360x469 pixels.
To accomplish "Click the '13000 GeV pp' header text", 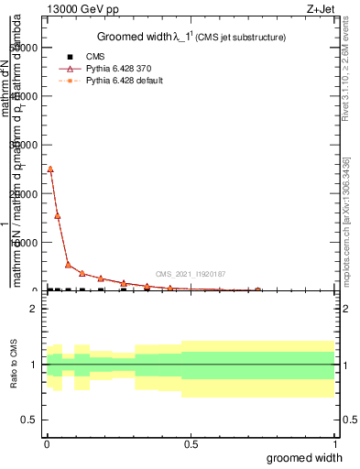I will pos(83,10).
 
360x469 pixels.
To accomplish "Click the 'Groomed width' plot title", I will pos(143,37).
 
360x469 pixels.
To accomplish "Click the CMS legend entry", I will pos(95,56).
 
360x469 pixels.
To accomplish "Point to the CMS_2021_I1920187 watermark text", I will pos(191,274).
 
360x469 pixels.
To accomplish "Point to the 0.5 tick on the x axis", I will pos(191,443).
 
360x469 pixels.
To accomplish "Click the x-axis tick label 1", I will pos(334,443).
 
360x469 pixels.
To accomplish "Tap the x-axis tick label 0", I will pos(47,443).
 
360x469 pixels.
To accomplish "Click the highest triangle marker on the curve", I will pos(50,169).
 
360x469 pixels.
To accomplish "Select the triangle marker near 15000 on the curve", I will pos(58,215).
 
